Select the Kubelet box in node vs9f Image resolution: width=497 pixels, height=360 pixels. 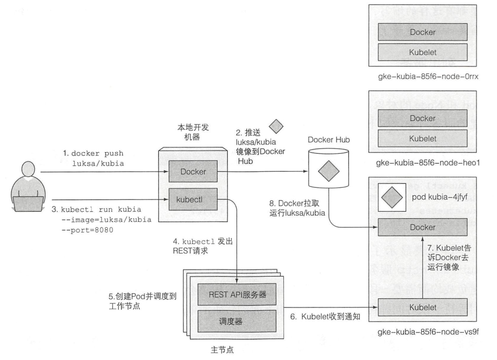(x=423, y=308)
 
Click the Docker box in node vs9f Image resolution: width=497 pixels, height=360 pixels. (x=423, y=228)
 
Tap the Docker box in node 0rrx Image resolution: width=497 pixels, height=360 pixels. (x=423, y=33)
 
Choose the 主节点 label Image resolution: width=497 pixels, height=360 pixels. (x=222, y=349)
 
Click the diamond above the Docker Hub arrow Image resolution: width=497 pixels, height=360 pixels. (x=276, y=127)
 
